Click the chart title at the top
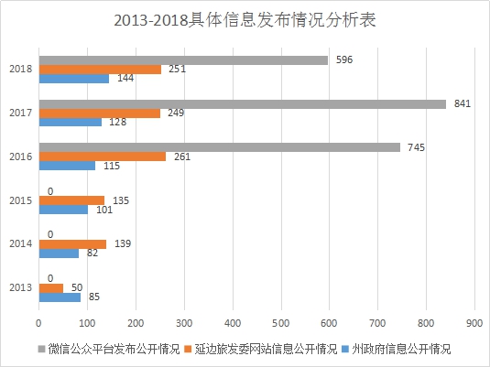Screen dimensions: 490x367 [245, 20]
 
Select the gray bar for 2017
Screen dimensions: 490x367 [243, 104]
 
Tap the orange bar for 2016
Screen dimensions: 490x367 [103, 157]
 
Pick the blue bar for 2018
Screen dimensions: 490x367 [74, 79]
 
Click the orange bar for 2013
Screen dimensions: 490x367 [51, 288]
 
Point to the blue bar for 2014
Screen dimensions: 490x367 [59, 254]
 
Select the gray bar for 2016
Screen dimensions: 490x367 [220, 147]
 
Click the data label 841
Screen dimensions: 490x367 [463, 103]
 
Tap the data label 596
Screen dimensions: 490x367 [344, 59]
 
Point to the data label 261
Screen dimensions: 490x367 [182, 157]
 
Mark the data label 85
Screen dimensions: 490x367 [94, 297]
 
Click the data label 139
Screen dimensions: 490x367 [123, 243]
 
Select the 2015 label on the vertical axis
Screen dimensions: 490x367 [21, 200]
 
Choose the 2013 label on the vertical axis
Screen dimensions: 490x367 [21, 287]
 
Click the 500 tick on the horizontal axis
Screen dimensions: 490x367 [280, 323]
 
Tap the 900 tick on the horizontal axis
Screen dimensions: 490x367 [474, 323]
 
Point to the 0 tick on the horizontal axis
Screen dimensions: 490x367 [38, 323]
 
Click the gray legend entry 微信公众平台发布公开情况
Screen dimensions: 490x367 [109, 349]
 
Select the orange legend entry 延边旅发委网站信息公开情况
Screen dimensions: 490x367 [261, 349]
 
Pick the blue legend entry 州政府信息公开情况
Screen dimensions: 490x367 [397, 349]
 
